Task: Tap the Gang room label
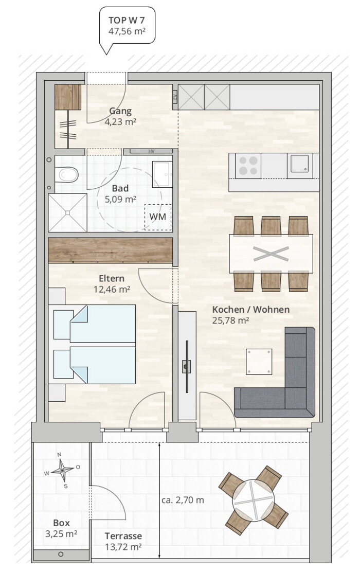(120, 111)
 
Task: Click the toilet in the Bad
(67, 174)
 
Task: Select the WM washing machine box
(158, 217)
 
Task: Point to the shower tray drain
(67, 212)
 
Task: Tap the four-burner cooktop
(248, 166)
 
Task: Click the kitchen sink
(300, 164)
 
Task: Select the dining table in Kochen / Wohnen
(271, 254)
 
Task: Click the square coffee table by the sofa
(259, 362)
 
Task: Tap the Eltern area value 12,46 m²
(112, 290)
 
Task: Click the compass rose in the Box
(62, 470)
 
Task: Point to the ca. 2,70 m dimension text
(183, 500)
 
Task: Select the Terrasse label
(123, 536)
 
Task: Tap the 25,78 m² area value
(230, 320)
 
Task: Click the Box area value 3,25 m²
(61, 534)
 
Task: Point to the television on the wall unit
(187, 367)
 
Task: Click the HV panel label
(151, 151)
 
